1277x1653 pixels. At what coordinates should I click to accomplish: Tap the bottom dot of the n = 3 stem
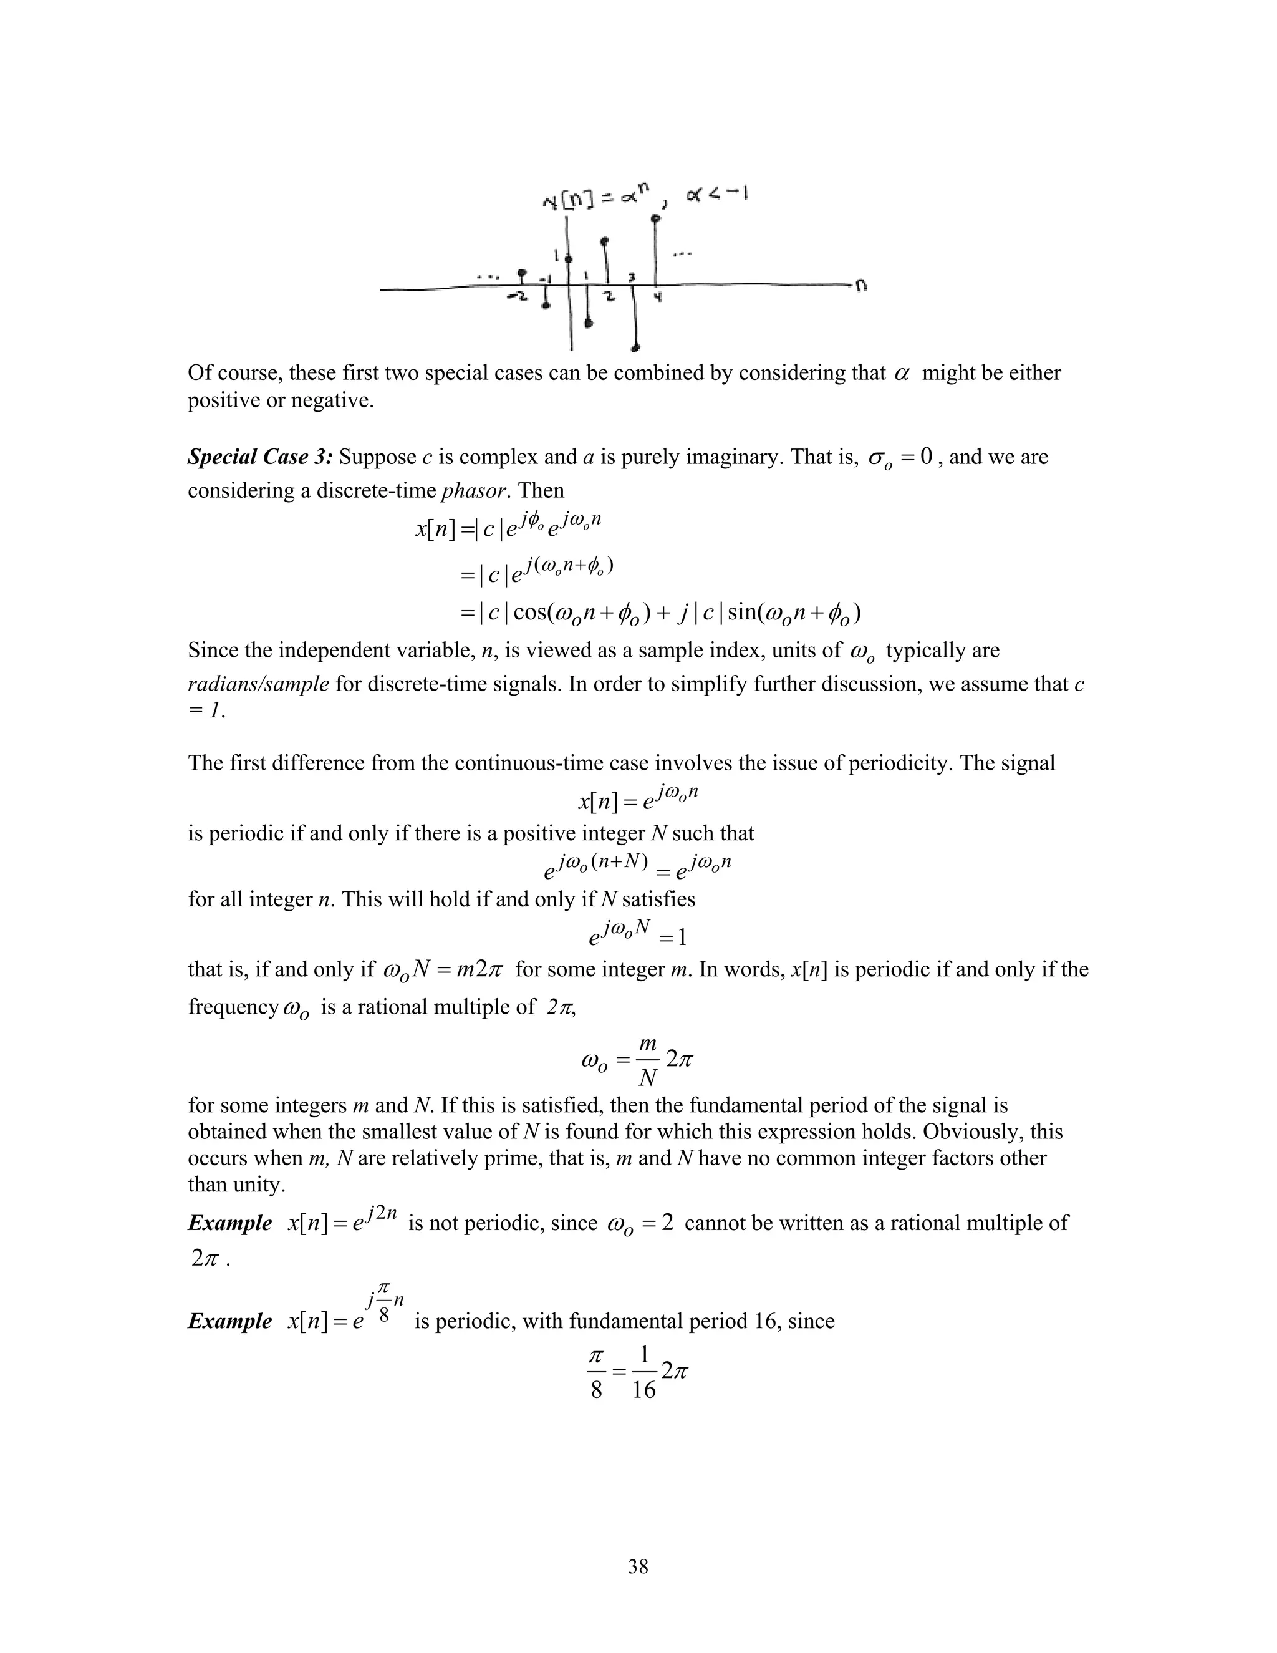636,349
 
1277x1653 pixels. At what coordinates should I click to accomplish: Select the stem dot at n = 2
604,241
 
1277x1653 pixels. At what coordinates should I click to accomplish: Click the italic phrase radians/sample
258,684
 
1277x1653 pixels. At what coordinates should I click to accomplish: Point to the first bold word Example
229,1223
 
